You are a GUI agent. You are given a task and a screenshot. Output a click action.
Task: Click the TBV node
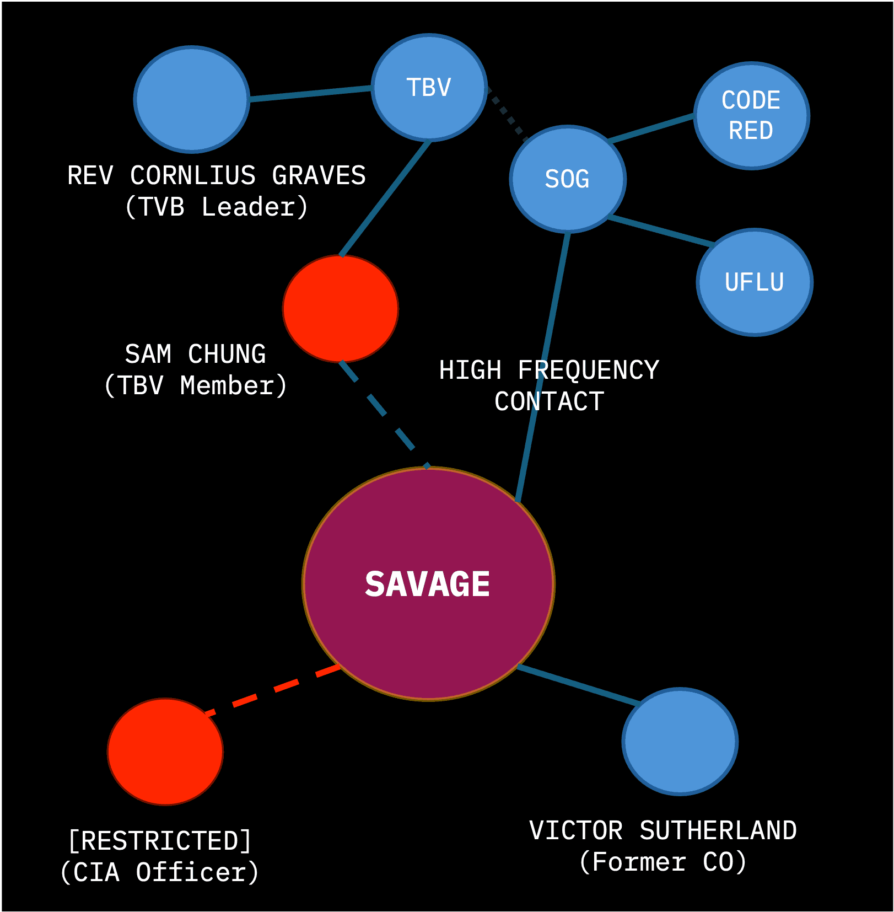point(429,87)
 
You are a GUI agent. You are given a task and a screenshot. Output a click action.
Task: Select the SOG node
point(567,179)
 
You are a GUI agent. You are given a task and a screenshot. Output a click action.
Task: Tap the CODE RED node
point(751,116)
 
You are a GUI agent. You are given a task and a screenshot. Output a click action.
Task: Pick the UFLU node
point(754,282)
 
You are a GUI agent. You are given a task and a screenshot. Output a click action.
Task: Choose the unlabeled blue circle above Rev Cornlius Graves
point(191,99)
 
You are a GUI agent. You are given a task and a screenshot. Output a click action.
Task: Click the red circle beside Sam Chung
point(340,308)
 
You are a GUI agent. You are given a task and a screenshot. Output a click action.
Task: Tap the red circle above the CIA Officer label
point(165,751)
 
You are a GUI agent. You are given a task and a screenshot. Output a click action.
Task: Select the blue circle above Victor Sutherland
point(680,741)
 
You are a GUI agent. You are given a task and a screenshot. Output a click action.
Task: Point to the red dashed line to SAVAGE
point(273,689)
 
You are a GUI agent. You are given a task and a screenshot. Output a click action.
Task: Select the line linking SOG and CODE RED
point(650,128)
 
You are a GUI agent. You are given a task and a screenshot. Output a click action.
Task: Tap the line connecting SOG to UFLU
point(661,230)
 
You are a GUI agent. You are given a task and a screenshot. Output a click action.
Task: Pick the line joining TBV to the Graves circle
point(310,93)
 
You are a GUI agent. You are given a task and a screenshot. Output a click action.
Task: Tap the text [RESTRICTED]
point(159,841)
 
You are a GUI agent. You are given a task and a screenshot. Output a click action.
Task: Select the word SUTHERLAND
point(718,830)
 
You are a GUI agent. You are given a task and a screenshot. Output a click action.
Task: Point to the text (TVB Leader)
point(216,207)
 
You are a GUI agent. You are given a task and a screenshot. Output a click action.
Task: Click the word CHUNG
point(227,354)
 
